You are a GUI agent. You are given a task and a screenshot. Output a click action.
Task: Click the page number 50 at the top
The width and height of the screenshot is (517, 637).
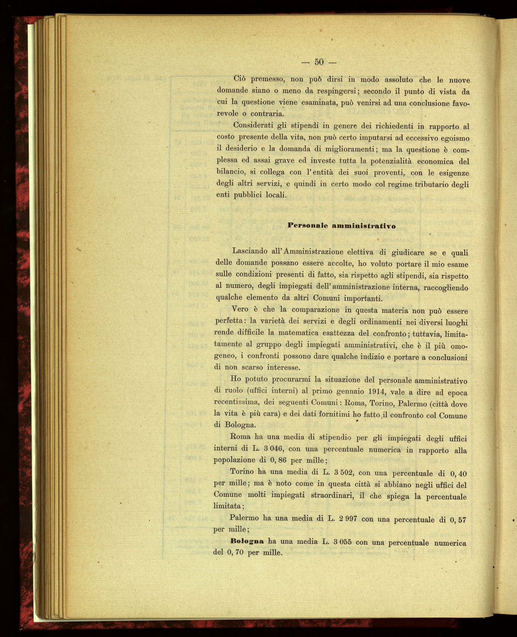click(319, 62)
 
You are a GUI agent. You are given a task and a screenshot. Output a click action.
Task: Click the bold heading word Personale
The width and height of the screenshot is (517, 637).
click(307, 225)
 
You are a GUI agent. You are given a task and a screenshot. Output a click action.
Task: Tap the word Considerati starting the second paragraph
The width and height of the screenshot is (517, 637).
click(253, 125)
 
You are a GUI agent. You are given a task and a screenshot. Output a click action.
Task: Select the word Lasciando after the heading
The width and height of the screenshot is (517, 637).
click(250, 251)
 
